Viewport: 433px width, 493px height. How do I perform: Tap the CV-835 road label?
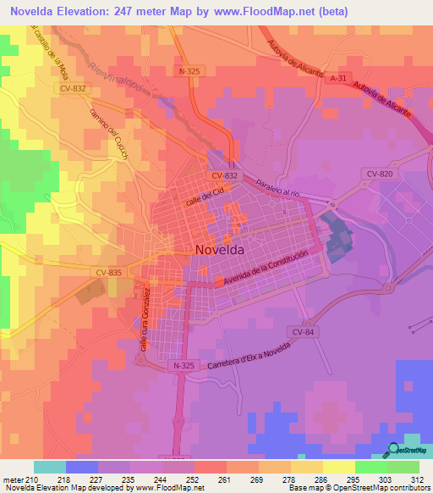pos(109,272)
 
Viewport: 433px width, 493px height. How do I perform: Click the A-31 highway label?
pos(339,78)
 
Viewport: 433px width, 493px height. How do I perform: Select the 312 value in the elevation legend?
pos(404,479)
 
